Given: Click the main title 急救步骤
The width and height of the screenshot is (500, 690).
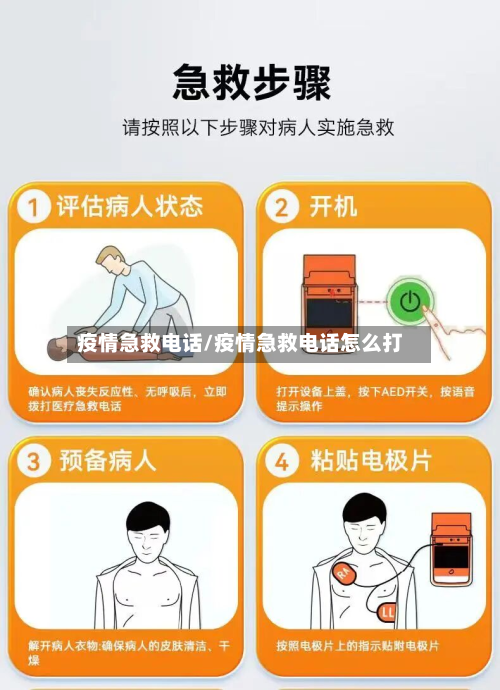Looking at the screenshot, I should [251, 82].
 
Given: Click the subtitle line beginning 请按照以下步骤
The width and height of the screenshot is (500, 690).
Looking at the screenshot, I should [257, 128].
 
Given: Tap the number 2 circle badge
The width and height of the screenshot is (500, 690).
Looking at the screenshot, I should [282, 207].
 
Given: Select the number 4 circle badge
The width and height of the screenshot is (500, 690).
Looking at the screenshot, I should [282, 461].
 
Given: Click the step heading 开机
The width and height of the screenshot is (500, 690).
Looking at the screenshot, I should [333, 207].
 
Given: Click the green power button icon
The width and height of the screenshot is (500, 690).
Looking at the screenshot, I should [409, 299].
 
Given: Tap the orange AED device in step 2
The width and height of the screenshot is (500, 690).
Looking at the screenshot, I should [329, 290].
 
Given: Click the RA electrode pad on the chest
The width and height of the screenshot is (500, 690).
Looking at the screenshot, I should [343, 574].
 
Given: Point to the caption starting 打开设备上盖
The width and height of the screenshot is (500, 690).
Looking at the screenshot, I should [375, 398].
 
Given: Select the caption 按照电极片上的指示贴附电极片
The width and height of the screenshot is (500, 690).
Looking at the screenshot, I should [357, 645].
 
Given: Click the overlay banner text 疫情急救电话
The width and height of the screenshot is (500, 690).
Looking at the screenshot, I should [140, 344].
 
